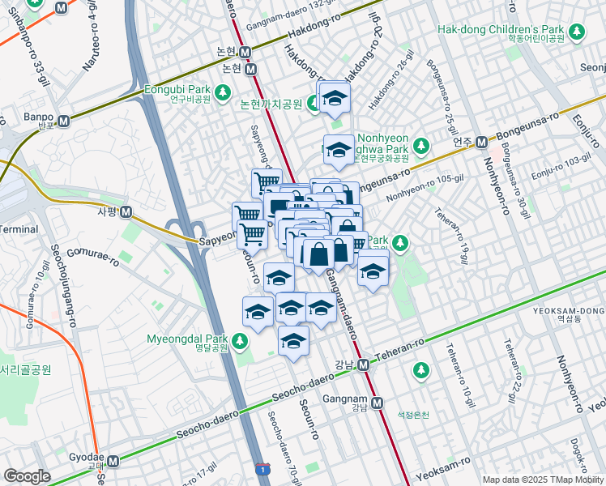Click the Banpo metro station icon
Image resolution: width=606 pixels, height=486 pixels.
62,120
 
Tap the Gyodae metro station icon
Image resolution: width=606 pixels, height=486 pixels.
113,461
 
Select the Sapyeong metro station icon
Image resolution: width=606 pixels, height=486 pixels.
126,212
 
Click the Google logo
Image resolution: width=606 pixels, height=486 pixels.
27,476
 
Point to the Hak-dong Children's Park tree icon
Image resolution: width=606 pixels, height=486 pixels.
576,32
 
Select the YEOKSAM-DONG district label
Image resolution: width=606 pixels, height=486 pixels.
570,312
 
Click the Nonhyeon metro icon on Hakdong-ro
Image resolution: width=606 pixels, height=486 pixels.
247,51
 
